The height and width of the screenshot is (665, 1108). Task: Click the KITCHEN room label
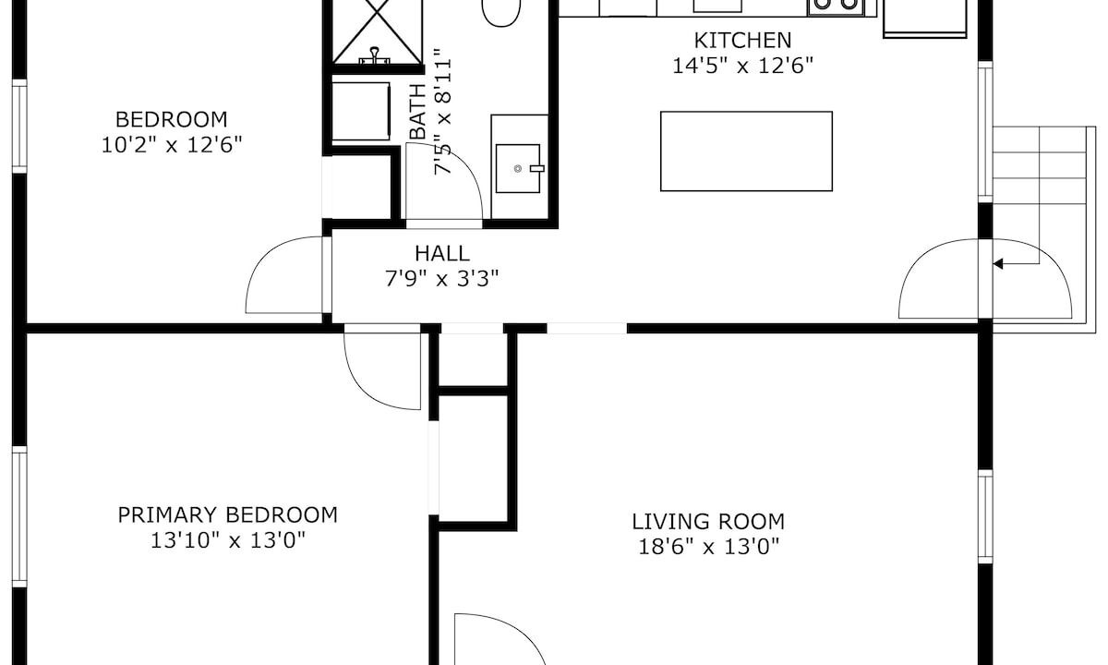[x=742, y=41]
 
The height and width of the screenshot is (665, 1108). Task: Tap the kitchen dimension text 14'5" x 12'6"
[x=742, y=66]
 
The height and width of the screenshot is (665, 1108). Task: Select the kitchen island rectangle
[x=746, y=151]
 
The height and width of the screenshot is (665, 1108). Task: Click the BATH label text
[x=418, y=112]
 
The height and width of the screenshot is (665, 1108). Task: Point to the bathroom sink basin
[x=518, y=168]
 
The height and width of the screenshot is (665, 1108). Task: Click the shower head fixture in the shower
[x=375, y=55]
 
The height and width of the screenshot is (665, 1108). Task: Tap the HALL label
[x=441, y=253]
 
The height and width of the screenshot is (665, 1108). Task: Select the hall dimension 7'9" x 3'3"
[x=441, y=279]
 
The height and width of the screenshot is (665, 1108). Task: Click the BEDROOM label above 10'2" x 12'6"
[x=171, y=120]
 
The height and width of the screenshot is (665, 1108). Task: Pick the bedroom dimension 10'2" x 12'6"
[x=171, y=146]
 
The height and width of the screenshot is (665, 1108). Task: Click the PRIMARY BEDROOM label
[x=227, y=515]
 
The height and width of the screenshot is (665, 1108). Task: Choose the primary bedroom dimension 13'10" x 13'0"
[x=227, y=540]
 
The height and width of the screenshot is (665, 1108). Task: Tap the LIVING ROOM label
[x=708, y=522]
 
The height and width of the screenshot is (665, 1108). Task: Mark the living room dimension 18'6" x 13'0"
[x=708, y=547]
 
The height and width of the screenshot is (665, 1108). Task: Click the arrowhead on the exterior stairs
[x=998, y=264]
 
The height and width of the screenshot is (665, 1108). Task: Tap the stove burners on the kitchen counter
[x=836, y=5]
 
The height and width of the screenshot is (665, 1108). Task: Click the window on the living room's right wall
[x=985, y=516]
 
